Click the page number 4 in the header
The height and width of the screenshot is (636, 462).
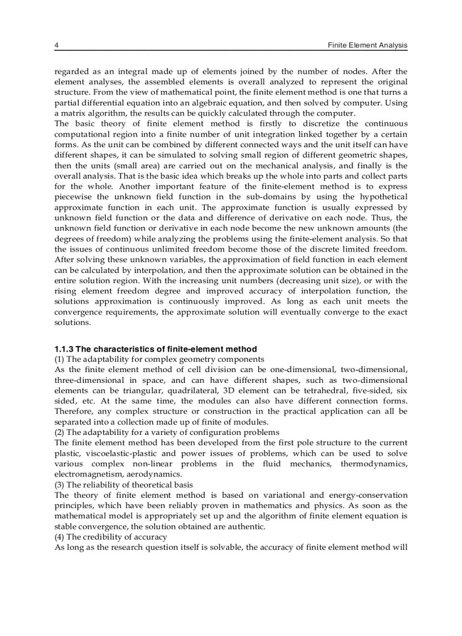click(56, 45)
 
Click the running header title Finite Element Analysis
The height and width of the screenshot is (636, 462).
click(367, 45)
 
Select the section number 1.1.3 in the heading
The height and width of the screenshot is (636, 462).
click(64, 349)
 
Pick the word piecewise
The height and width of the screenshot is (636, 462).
click(72, 197)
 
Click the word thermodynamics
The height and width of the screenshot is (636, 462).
click(374, 464)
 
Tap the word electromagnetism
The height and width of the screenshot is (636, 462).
click(86, 474)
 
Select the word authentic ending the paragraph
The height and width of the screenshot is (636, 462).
click(245, 526)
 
